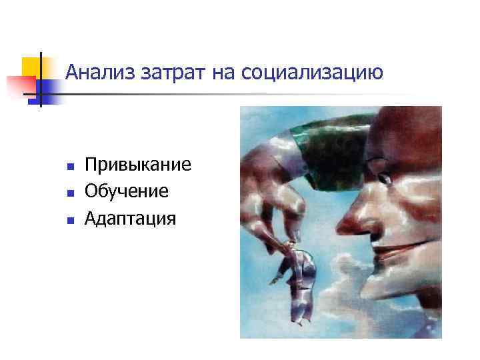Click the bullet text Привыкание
[138, 165]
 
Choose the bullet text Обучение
[127, 191]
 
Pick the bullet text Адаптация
[131, 217]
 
